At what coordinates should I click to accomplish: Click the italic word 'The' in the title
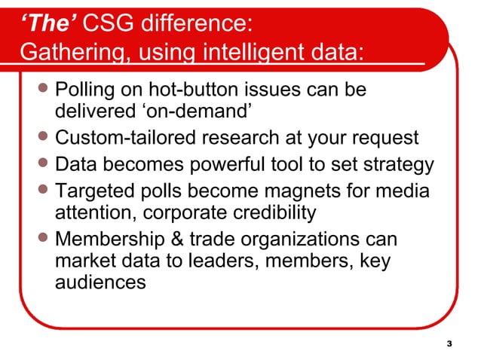[46, 25]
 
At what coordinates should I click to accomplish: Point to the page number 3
[450, 344]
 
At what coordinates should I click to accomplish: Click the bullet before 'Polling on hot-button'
[46, 90]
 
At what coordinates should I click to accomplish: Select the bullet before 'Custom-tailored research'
[46, 139]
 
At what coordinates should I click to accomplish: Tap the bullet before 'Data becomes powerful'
[46, 164]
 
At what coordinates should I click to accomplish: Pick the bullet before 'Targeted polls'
[46, 191]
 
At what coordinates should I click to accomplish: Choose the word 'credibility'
[266, 212]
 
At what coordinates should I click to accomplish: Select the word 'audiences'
[102, 283]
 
